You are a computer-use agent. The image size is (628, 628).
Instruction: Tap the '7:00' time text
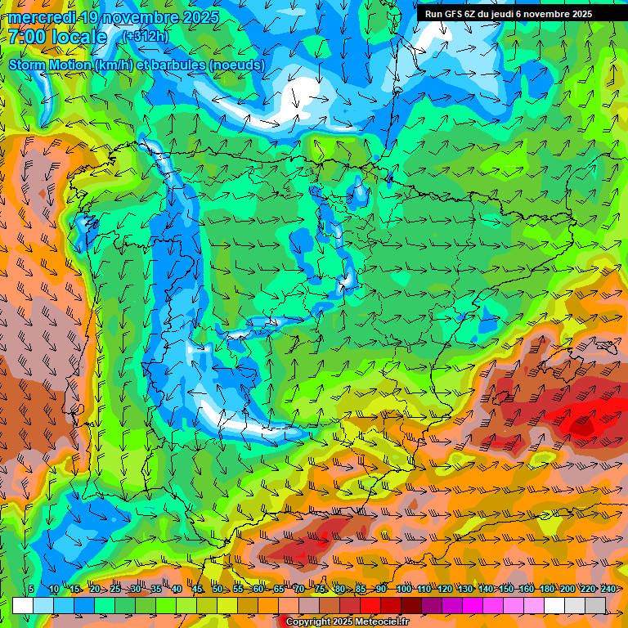tap(28, 37)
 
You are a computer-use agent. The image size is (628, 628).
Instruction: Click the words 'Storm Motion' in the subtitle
tap(51, 65)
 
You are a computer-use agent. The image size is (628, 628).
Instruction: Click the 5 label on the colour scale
tap(31, 589)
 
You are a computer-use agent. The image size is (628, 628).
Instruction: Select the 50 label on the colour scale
tap(218, 589)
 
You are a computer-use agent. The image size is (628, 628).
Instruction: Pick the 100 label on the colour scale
tap(403, 589)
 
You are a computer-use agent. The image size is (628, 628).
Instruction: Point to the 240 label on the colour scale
tap(608, 589)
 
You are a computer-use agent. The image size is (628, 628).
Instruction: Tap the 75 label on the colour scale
tap(321, 589)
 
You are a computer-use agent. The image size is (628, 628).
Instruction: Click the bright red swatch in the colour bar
tap(370, 605)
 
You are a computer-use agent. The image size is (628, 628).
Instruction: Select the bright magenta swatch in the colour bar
tap(473, 605)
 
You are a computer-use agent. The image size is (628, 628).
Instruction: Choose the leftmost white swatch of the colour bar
tap(23, 605)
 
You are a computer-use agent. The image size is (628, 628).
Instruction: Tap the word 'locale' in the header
tap(78, 37)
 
